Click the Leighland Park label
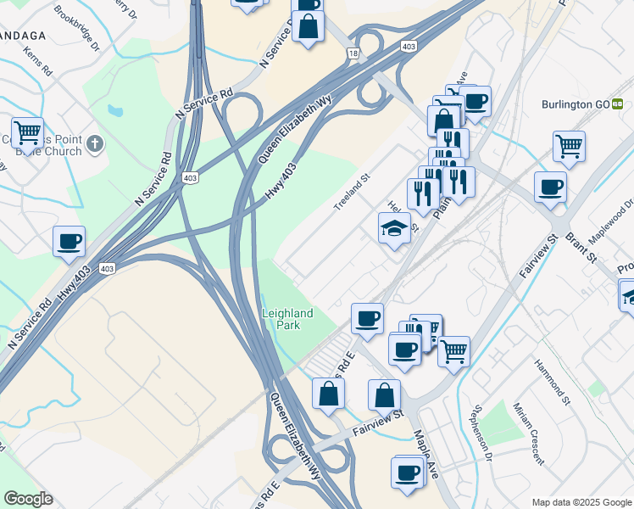[x=287, y=319]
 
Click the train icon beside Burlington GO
[x=619, y=104]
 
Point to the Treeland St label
[x=352, y=193]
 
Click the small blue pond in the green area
[x=115, y=110]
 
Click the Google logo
[x=28, y=499]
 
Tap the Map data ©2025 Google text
[x=581, y=502]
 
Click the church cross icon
[x=94, y=143]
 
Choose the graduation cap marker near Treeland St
[x=394, y=229]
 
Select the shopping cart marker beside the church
[x=27, y=131]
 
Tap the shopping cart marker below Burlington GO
[x=569, y=145]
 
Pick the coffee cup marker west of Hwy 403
[x=70, y=241]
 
